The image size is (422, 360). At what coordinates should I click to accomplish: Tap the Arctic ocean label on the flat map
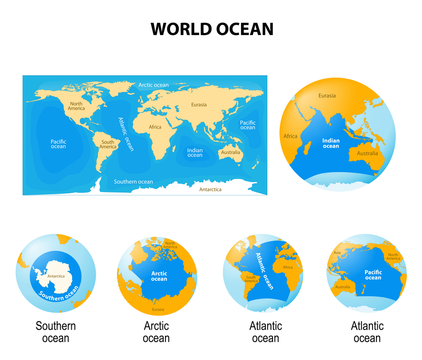pos(154,85)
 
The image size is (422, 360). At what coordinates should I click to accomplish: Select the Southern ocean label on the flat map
pos(133,182)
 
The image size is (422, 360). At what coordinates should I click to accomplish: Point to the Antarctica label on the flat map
pos(210,189)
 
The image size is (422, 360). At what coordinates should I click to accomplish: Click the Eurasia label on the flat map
pos(199,105)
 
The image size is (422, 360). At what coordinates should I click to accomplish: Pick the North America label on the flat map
pos(76,106)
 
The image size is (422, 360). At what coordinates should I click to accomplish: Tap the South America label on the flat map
pos(108,144)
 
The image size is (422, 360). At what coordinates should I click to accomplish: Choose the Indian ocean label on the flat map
pos(195,153)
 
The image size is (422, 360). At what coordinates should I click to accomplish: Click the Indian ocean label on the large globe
pos(331,143)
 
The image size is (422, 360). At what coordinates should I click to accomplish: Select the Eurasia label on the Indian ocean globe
pos(327,96)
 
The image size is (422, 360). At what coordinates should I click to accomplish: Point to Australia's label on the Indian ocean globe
pos(368,153)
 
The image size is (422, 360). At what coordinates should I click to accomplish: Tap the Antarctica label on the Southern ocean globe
pos(56,277)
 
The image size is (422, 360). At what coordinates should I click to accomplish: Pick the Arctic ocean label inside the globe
pos(159,276)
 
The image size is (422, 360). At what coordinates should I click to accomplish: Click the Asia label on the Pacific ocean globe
pos(337,253)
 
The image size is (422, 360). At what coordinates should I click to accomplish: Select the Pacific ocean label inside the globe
pos(373,275)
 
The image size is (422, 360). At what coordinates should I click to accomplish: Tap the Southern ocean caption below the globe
pos(56,332)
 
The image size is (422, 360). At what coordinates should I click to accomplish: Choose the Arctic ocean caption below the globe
pos(156,332)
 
